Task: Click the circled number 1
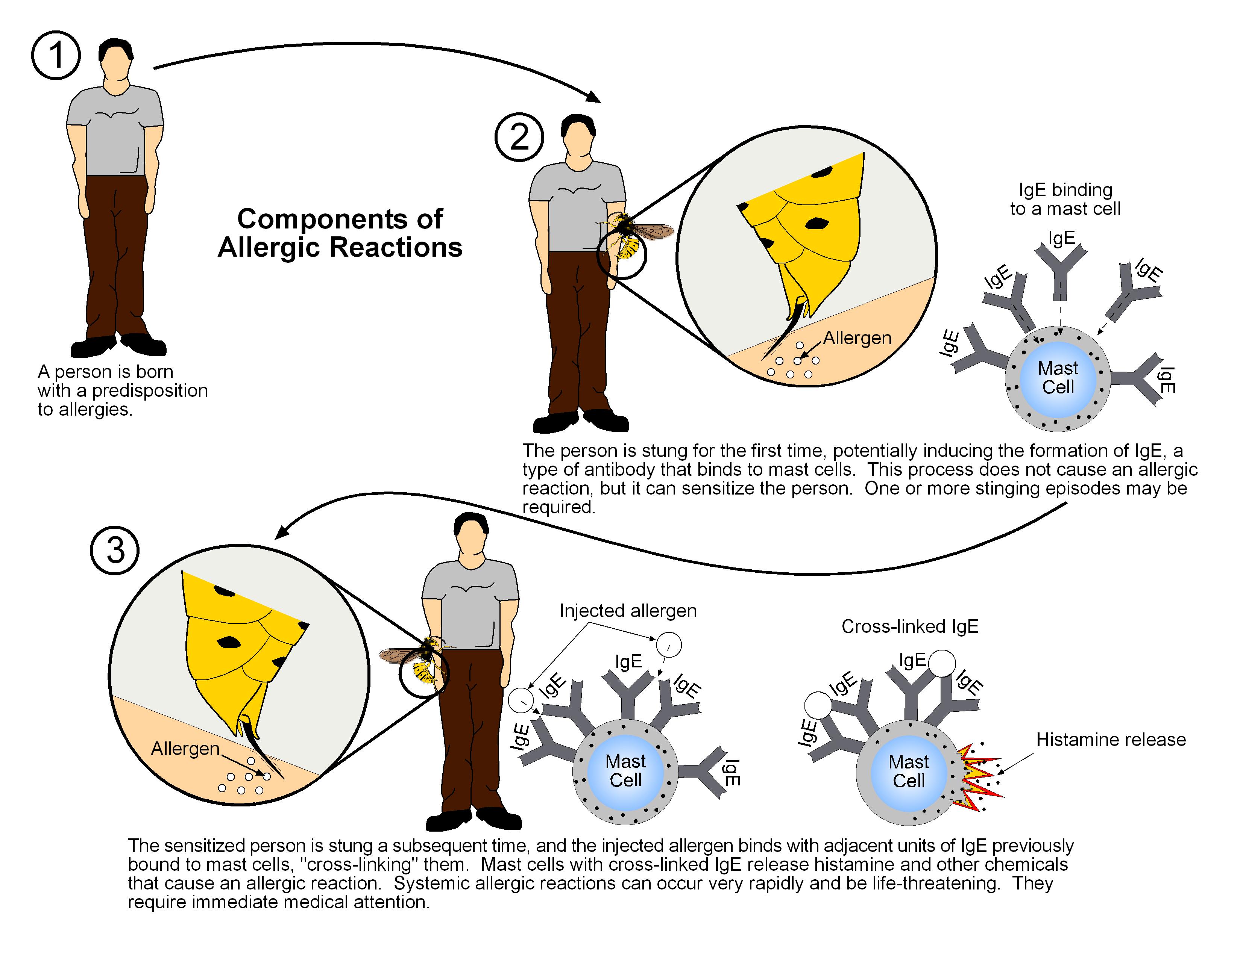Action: [x=56, y=56]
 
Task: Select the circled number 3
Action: [x=115, y=550]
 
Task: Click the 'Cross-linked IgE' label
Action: [x=909, y=626]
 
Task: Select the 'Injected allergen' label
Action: [x=628, y=611]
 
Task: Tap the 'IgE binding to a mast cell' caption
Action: [x=1065, y=199]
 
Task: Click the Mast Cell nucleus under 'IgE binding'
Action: [x=1058, y=377]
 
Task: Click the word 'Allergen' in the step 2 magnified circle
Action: [x=857, y=338]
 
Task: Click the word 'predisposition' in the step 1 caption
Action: [x=150, y=391]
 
